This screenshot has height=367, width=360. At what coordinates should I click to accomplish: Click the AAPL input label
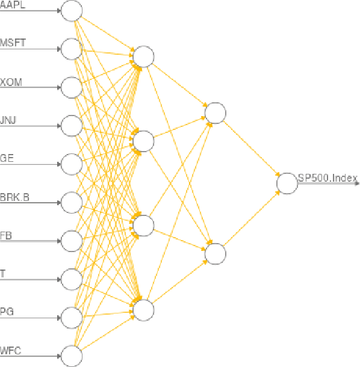pyautogui.click(x=12, y=5)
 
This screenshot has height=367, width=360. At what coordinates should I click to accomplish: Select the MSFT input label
pyautogui.click(x=12, y=43)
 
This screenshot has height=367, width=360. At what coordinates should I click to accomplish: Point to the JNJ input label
pyautogui.click(x=8, y=120)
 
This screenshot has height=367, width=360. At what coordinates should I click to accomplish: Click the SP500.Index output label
pyautogui.click(x=327, y=178)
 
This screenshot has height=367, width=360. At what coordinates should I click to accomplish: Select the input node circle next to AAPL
pyautogui.click(x=72, y=11)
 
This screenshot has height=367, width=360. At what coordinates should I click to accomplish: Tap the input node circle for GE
pyautogui.click(x=72, y=164)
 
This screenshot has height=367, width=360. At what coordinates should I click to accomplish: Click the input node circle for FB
pyautogui.click(x=72, y=241)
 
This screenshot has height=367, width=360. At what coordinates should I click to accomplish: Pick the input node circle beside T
pyautogui.click(x=72, y=279)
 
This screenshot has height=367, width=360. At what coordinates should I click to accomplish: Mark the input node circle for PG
pyautogui.click(x=72, y=317)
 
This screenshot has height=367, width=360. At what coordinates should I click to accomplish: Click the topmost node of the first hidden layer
pyautogui.click(x=144, y=57)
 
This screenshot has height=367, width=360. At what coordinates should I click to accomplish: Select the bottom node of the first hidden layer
pyautogui.click(x=144, y=310)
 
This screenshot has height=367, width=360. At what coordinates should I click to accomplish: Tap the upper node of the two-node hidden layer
pyautogui.click(x=215, y=113)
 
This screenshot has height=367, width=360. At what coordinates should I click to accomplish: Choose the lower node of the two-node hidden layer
pyautogui.click(x=215, y=253)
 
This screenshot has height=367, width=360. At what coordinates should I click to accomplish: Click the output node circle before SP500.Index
pyautogui.click(x=287, y=183)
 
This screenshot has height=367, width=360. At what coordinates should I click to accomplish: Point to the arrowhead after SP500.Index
pyautogui.click(x=356, y=183)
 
